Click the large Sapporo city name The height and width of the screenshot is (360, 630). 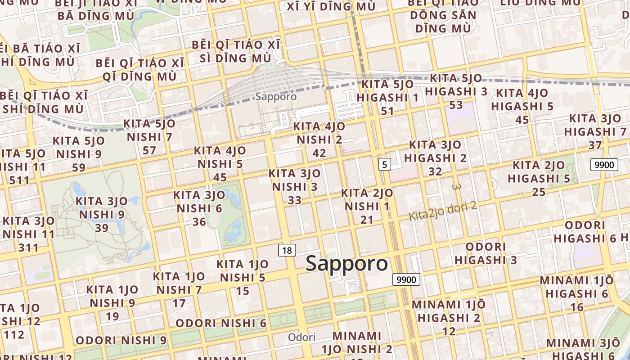point(346,264)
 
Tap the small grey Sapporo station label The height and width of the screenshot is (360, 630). point(276,96)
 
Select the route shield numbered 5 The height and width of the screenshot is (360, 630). point(384,164)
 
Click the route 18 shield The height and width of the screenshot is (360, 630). point(287,250)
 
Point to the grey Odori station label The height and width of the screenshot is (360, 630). point(301,337)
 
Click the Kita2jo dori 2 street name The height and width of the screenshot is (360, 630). point(442,211)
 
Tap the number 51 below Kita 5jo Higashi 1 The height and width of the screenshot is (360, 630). point(387,111)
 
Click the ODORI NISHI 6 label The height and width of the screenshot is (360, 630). point(221,323)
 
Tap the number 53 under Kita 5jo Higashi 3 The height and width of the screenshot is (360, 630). point(456,105)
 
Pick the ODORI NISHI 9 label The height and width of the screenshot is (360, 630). point(121,340)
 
